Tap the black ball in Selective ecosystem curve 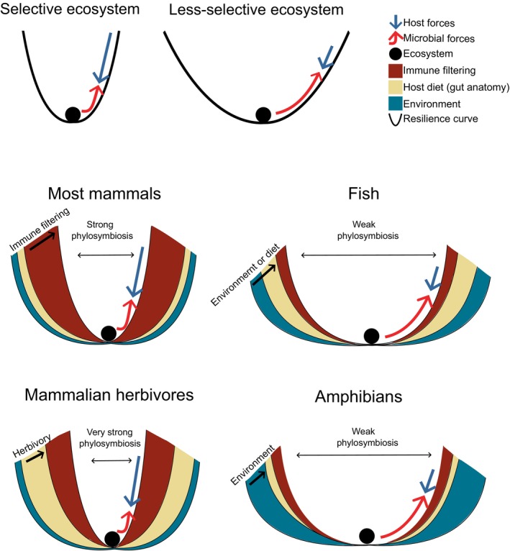(73, 114)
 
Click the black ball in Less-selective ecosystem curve (263, 114)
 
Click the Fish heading (372, 195)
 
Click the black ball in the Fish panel (371, 335)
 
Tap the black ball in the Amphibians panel (367, 535)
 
